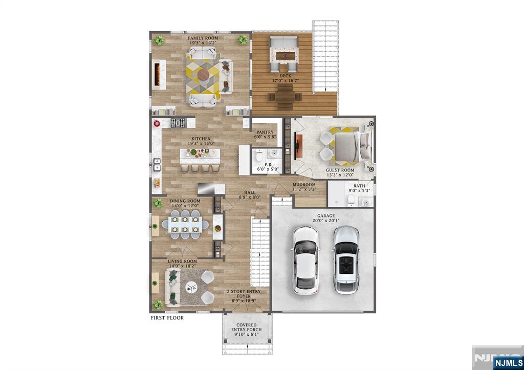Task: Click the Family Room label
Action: [x=203, y=38]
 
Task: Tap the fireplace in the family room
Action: [x=158, y=74]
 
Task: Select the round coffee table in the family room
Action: [x=203, y=75]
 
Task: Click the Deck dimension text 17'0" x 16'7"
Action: [x=285, y=80]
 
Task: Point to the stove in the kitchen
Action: [x=178, y=123]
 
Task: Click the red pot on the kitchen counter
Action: [x=157, y=124]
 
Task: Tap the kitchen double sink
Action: [x=157, y=164]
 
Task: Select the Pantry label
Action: [x=265, y=133]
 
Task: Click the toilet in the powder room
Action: [x=259, y=156]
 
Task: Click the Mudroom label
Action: [x=304, y=185]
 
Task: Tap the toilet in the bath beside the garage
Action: [x=351, y=200]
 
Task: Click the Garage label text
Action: [x=326, y=216]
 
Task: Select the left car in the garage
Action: [x=305, y=260]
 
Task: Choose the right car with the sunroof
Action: [x=346, y=259]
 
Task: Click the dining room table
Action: [x=185, y=224]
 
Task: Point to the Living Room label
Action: [x=182, y=262]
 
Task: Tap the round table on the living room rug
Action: [x=191, y=287]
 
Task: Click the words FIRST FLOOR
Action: [x=167, y=318]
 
